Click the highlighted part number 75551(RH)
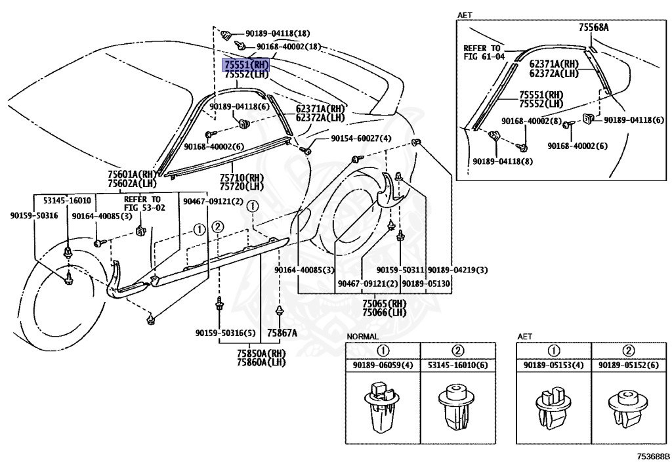coord(245,65)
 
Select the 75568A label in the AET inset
coord(594,27)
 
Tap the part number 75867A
coord(282,333)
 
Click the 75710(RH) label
coord(241,177)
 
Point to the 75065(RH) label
coord(385,303)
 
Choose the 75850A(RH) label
coord(261,354)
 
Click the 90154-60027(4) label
coord(361,138)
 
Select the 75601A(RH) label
coord(132,175)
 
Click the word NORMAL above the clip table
coord(362,337)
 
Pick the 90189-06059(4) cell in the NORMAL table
coord(383,366)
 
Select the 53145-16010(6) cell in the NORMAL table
coord(458,366)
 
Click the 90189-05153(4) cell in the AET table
coord(554,366)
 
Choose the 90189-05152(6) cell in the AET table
coord(629,366)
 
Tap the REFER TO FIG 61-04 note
coord(484,53)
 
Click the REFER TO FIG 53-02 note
coord(144,203)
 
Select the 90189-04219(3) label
coord(457,270)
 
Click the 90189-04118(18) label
coord(278,33)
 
